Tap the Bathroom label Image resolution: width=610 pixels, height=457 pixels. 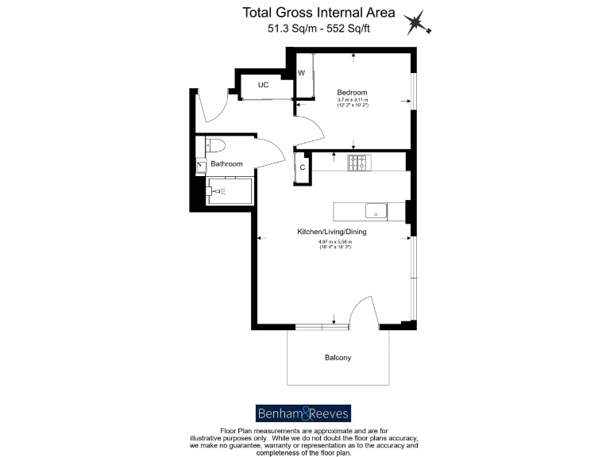coord(226,163)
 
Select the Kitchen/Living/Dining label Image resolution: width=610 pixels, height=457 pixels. coord(331,232)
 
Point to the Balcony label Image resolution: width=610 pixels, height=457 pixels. coord(338,358)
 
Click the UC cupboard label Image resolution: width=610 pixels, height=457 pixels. coord(263,85)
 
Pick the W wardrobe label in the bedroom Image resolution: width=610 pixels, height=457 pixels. coord(302,73)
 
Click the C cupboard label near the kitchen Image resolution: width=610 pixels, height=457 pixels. coord(303,167)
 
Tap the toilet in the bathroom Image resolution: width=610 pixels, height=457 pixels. coord(214,144)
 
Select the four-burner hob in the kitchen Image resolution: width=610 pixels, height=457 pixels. coord(358,163)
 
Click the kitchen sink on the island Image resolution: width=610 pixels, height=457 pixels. coord(375,211)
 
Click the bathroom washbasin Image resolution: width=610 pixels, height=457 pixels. coord(202,165)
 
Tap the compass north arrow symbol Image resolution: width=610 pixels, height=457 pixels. coord(417,25)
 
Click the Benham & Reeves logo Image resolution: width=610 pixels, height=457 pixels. coord(303,413)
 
